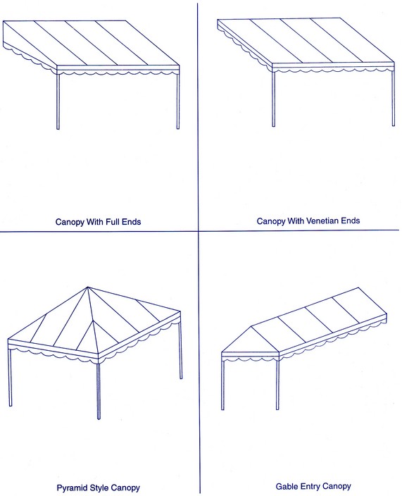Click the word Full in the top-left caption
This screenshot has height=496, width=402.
tap(112, 221)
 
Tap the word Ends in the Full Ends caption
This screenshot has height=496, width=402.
tap(131, 221)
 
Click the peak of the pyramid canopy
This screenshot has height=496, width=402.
tap(88, 287)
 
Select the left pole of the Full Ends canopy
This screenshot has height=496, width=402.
tap(58, 101)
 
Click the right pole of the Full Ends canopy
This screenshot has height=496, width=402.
tap(178, 101)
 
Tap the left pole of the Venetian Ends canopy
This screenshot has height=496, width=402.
tap(274, 99)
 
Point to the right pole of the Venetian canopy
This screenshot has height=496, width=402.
tap(394, 98)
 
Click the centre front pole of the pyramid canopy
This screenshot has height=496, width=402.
tap(99, 391)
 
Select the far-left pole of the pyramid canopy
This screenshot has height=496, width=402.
tap(9, 377)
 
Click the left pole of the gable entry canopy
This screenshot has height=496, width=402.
tap(222, 385)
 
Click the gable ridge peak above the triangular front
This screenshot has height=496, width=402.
tap(251, 326)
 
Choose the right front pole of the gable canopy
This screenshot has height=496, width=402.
tap(278, 385)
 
